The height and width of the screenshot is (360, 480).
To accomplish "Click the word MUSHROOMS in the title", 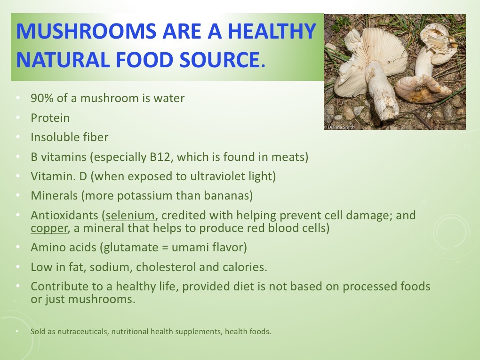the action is [86, 31].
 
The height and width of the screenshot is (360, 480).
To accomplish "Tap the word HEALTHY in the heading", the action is [272, 31].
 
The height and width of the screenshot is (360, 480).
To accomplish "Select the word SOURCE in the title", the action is [219, 60].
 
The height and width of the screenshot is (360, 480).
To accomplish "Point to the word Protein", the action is [50, 118].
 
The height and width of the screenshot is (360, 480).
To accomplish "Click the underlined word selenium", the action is [130, 216].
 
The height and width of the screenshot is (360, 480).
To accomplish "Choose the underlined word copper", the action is [49, 228].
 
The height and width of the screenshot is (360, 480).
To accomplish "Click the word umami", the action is [188, 248].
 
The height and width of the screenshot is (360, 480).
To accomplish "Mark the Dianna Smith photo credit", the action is [339, 127].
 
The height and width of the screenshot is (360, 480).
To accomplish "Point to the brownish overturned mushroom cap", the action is [423, 89].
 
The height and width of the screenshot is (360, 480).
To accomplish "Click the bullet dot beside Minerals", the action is [18, 195].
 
